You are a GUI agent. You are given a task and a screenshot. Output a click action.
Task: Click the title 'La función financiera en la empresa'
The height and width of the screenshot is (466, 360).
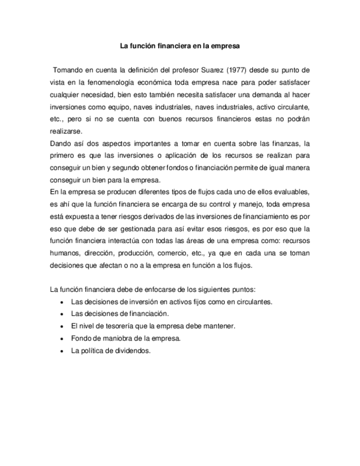pyautogui.click(x=180, y=47)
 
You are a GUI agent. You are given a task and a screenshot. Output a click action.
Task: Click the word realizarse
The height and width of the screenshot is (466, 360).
pyautogui.click(x=65, y=131)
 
